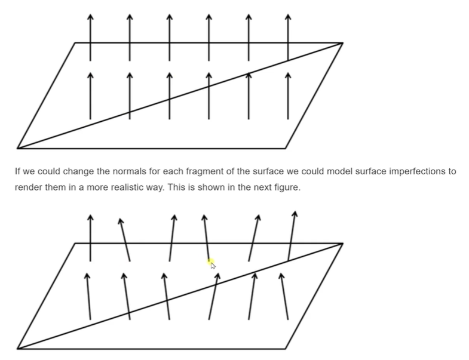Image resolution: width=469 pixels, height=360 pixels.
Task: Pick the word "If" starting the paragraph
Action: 18,171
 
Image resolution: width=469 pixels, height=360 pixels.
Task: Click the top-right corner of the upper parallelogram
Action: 342,43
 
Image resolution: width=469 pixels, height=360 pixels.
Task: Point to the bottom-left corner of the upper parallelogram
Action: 18,147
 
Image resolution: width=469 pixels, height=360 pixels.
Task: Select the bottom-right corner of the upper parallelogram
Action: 286,147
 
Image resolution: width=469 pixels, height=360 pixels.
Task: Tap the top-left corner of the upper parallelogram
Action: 75,43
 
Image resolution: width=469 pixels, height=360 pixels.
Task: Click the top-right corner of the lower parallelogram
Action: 342,244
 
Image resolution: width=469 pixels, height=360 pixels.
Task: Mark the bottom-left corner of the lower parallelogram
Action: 18,348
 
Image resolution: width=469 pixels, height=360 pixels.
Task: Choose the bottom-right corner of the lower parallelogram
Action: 286,348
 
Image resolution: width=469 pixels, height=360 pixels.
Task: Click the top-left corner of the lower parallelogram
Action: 75,244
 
